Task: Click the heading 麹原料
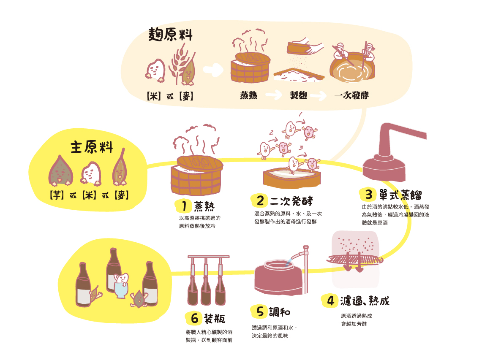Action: point(170,35)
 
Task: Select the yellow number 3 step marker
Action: point(368,195)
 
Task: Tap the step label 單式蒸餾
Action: point(400,195)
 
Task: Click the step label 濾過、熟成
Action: point(364,300)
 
